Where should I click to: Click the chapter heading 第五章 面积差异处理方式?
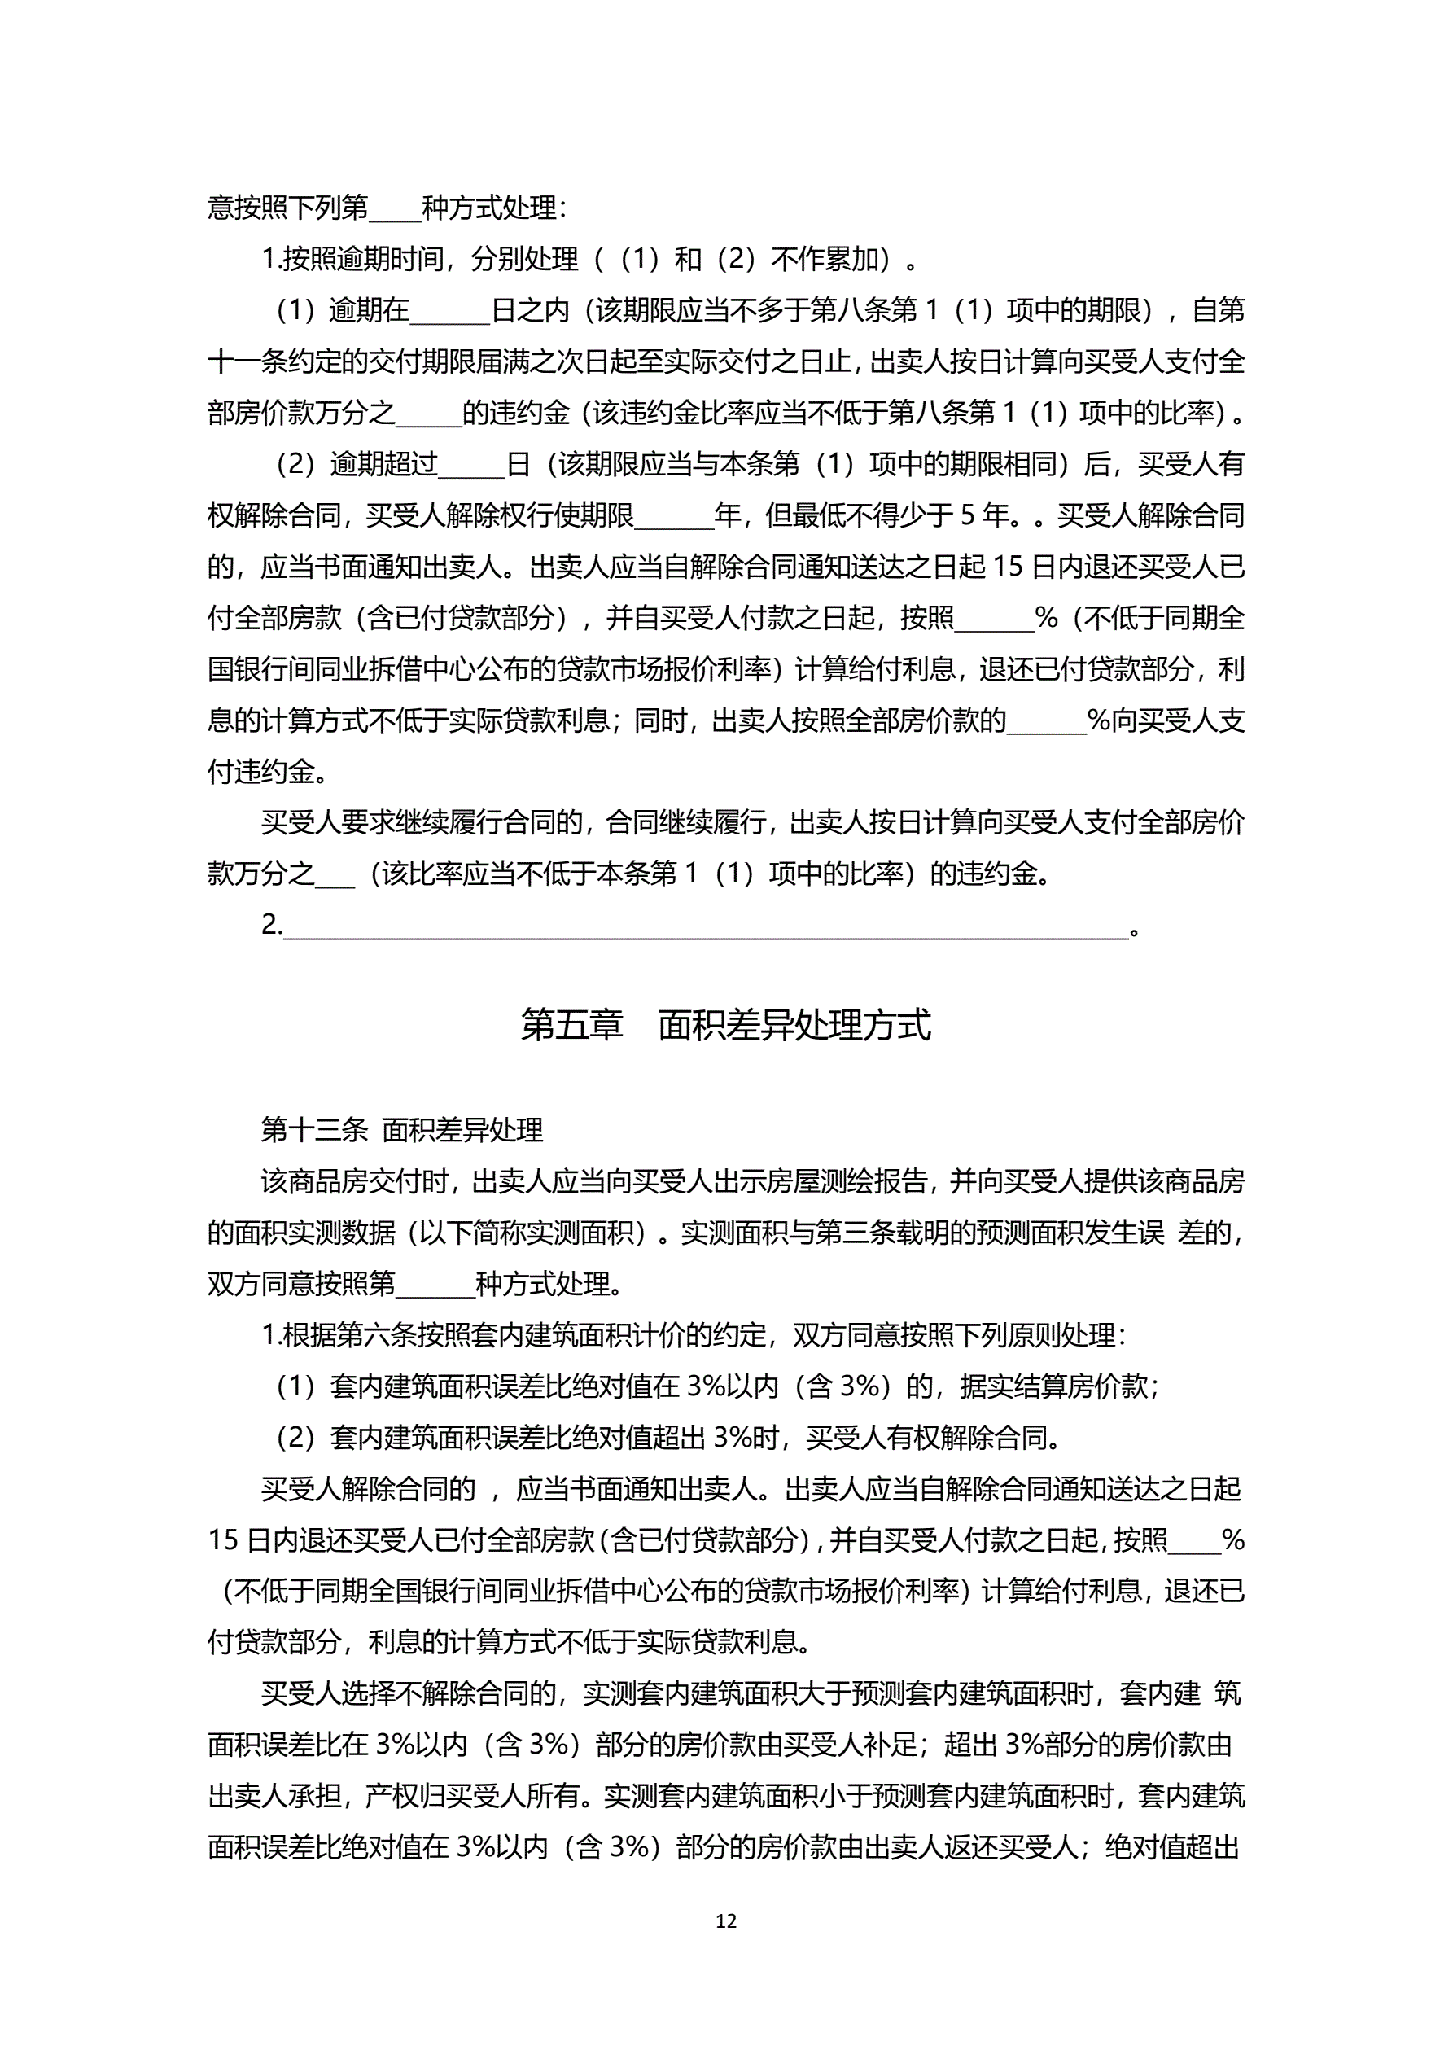pyautogui.click(x=725, y=1025)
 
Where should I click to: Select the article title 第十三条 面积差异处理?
pyautogui.click(x=402, y=1131)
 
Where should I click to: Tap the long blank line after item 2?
pyautogui.click(x=705, y=928)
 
